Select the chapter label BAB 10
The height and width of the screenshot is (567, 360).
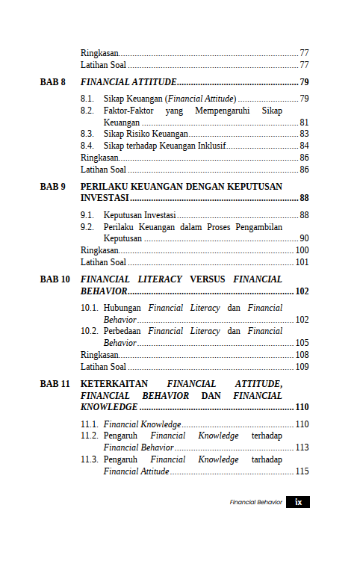(55, 279)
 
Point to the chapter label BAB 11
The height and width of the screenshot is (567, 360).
(55, 383)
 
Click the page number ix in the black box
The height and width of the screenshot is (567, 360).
(298, 502)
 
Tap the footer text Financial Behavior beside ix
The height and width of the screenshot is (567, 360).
(255, 502)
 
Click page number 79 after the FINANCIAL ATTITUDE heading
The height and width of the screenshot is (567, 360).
(304, 81)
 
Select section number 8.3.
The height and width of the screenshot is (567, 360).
(87, 134)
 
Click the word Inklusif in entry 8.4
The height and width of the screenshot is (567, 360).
(210, 146)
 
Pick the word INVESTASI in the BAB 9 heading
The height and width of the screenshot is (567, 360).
(105, 198)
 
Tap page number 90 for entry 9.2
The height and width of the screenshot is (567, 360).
(304, 238)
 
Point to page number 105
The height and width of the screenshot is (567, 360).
(302, 343)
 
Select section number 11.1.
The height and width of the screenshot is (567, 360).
(89, 424)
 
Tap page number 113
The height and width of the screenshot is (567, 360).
(302, 447)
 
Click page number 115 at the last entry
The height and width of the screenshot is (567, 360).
(302, 471)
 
